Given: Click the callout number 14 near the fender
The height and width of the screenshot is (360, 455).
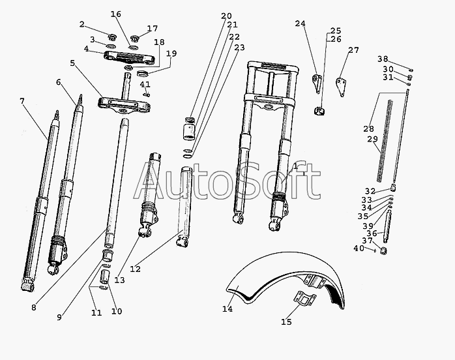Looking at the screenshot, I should click(x=227, y=308).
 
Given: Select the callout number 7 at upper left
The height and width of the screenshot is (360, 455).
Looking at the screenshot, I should click(x=22, y=101).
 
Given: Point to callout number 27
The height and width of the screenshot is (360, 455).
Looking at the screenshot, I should click(x=353, y=50).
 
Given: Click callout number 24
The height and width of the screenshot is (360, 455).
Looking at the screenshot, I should click(x=300, y=24).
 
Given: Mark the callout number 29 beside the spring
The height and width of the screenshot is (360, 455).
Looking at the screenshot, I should click(x=373, y=139).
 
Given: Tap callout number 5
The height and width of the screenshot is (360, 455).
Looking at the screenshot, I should click(x=72, y=63).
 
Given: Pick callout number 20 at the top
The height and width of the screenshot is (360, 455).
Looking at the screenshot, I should click(x=226, y=16).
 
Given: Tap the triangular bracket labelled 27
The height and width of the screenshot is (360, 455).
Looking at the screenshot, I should click(x=341, y=85).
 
